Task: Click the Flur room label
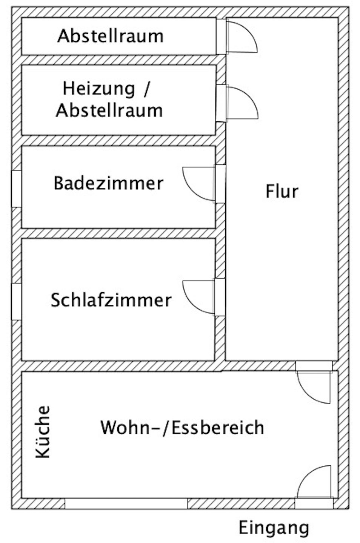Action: click(x=282, y=192)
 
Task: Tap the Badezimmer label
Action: click(x=109, y=183)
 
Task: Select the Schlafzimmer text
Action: click(x=111, y=301)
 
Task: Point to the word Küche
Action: click(x=43, y=432)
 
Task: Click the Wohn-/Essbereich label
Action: click(x=182, y=428)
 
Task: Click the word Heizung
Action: click(x=98, y=89)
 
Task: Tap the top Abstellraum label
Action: click(x=110, y=37)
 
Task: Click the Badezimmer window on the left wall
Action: click(x=16, y=189)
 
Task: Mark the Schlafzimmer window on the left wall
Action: click(x=16, y=302)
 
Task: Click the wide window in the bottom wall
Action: click(x=126, y=503)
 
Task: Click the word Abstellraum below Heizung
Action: click(x=109, y=110)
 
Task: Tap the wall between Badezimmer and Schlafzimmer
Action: click(x=118, y=233)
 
